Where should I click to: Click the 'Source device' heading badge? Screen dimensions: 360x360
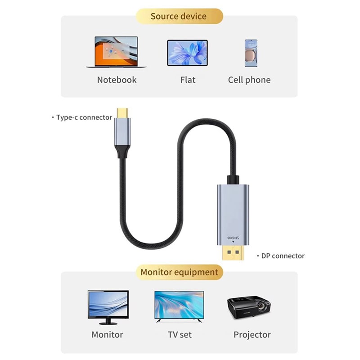click(179, 17)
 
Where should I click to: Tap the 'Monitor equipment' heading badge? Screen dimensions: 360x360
click(179, 272)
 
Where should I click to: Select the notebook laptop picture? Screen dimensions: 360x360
click(116, 52)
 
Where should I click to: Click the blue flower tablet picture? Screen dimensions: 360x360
click(187, 53)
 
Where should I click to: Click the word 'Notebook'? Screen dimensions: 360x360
click(117, 80)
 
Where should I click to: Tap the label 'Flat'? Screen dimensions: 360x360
click(188, 80)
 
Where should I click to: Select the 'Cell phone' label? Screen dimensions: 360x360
click(249, 80)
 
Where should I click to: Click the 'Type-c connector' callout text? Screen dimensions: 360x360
click(84, 117)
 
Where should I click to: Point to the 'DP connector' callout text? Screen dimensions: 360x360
click(283, 256)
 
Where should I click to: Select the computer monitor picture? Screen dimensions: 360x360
click(108, 306)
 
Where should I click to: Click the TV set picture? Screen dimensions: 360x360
click(179, 305)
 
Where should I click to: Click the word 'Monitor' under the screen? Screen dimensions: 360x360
click(107, 335)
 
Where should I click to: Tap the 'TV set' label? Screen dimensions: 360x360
click(180, 335)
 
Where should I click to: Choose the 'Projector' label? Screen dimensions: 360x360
click(252, 335)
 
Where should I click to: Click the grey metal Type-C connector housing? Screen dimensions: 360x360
click(122, 132)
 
